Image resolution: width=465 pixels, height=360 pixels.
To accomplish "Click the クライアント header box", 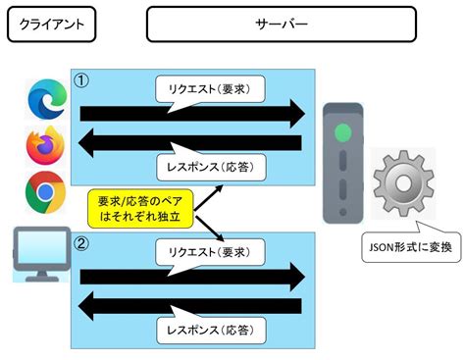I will coord(50,25).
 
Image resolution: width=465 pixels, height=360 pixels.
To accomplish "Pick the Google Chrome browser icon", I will coord(43,190).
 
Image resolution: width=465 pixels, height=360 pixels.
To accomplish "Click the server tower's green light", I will coord(342,130).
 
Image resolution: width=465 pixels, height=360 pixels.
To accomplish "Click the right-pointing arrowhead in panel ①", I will coord(294,114).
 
